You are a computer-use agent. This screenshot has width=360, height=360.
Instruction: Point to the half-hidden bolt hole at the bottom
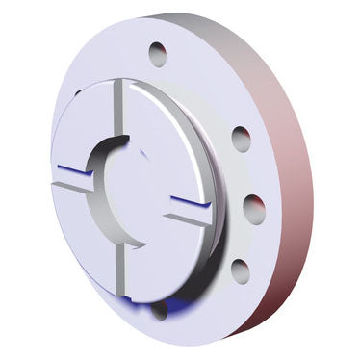(x=160, y=309)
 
